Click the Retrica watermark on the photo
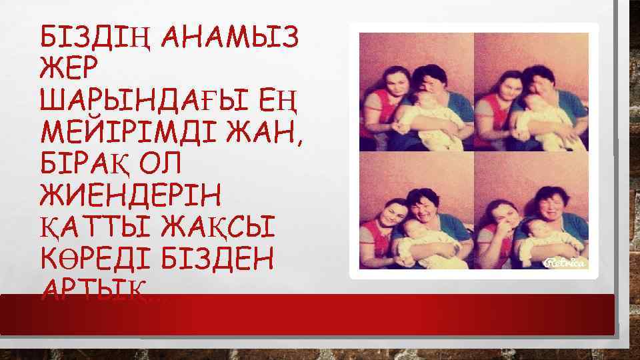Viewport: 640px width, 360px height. (566, 263)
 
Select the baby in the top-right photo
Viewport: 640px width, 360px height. (543, 113)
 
